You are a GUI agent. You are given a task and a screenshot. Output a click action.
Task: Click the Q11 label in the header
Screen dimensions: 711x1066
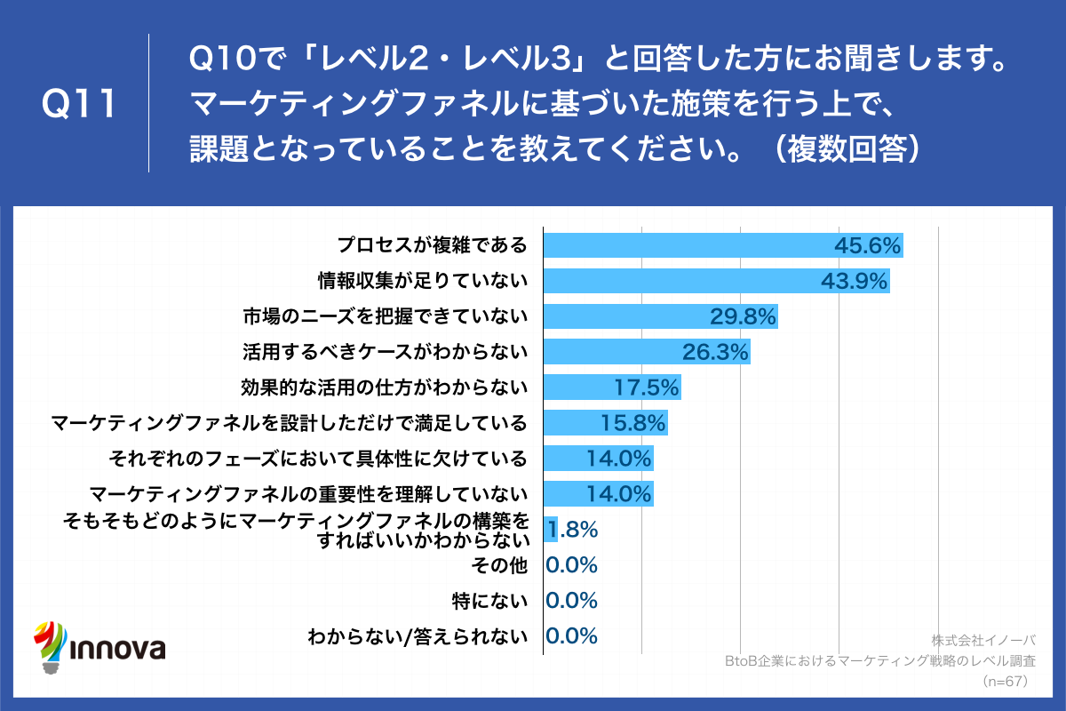click(x=80, y=105)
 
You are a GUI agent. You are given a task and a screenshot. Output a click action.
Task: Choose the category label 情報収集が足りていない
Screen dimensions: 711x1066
click(x=423, y=281)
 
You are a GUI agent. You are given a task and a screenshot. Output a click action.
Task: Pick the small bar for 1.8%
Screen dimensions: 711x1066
click(x=550, y=530)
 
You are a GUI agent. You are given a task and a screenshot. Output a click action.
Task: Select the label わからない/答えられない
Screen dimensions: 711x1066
click(x=417, y=636)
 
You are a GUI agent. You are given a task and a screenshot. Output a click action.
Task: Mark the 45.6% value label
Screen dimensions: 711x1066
click(x=868, y=245)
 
